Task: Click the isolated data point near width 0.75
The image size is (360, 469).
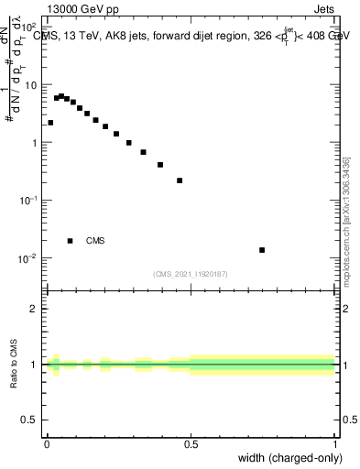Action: pyautogui.click(x=262, y=250)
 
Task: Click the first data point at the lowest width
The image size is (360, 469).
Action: pyautogui.click(x=50, y=123)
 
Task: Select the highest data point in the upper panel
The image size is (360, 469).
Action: pyautogui.click(x=61, y=95)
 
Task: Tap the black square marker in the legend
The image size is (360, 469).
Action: pyautogui.click(x=71, y=241)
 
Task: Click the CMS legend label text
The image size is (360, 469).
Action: pyautogui.click(x=95, y=241)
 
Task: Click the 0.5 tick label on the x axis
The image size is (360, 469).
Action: pyautogui.click(x=191, y=445)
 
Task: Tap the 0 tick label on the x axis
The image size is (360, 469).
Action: pyautogui.click(x=47, y=445)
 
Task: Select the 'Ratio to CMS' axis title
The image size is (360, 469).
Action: pyautogui.click(x=15, y=364)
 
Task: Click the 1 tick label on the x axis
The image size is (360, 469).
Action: pyautogui.click(x=334, y=445)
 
